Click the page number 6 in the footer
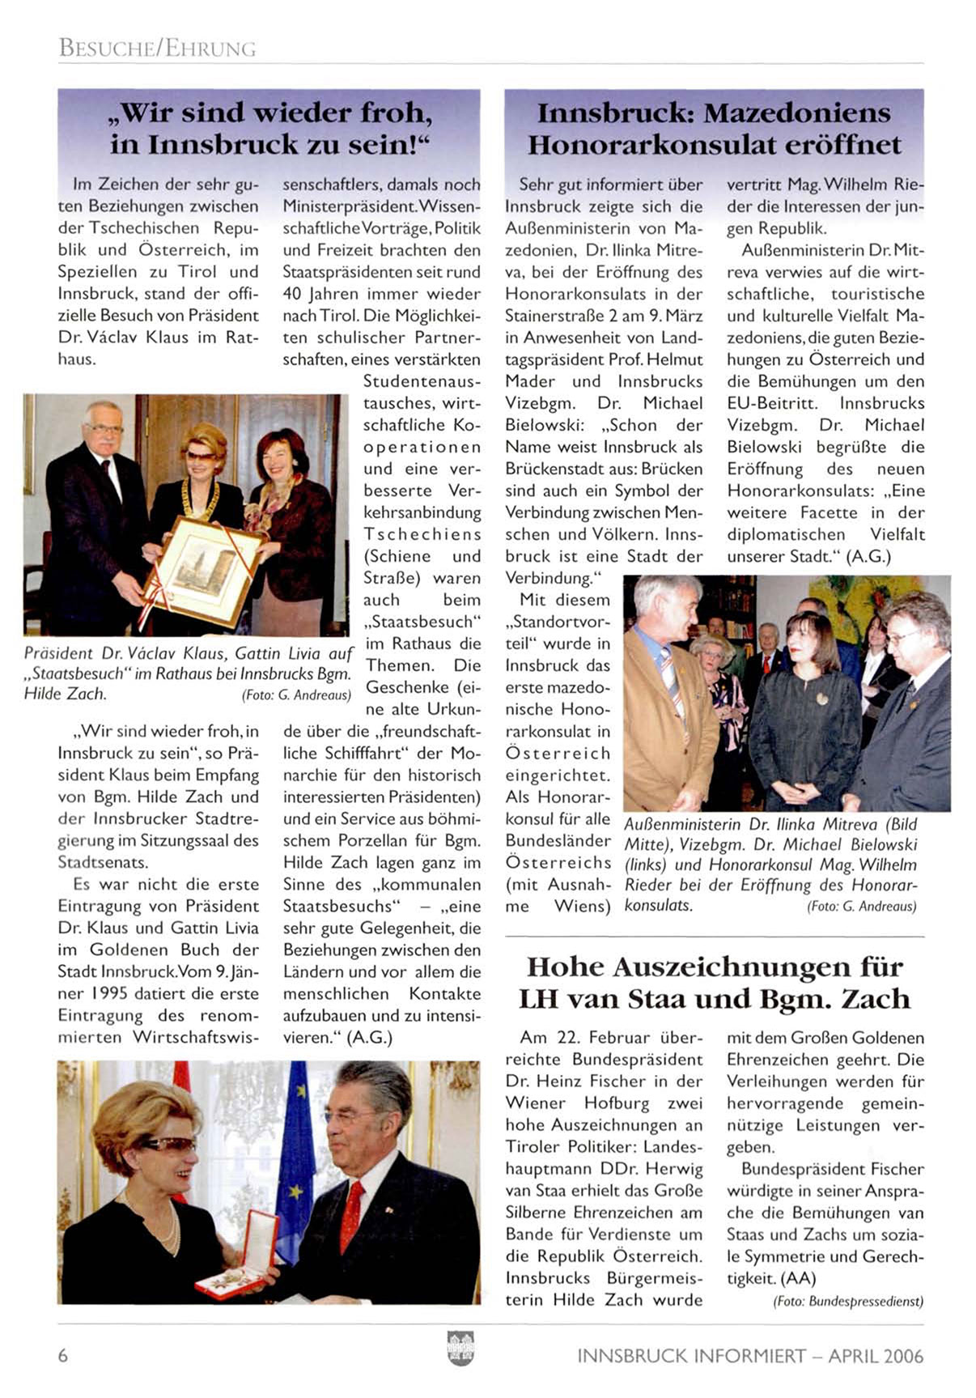(63, 1355)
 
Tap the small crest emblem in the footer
(460, 1348)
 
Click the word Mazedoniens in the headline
(796, 113)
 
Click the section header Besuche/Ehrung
(157, 49)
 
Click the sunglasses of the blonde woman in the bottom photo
(168, 1144)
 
